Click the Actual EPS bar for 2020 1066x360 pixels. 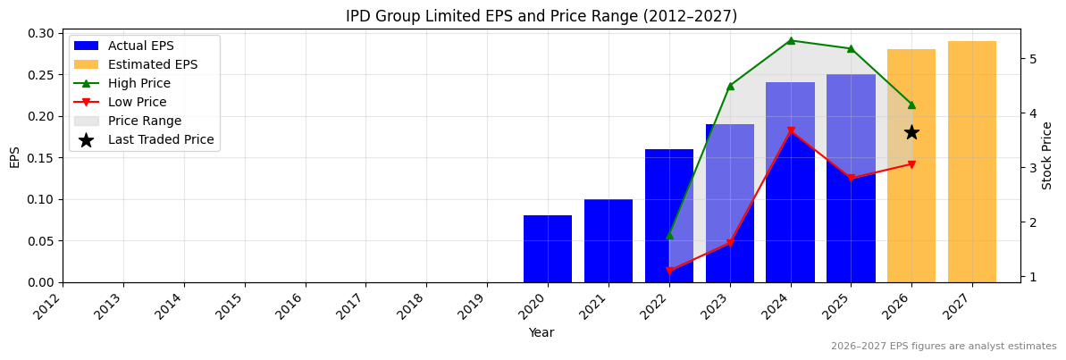click(548, 249)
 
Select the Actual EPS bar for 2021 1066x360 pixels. click(609, 241)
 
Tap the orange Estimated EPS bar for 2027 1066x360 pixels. click(972, 162)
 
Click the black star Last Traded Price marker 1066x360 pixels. click(911, 132)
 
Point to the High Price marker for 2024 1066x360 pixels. click(791, 40)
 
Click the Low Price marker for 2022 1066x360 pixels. click(669, 271)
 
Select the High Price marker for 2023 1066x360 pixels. click(730, 86)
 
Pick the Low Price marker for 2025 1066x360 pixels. click(851, 178)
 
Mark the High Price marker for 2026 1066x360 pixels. click(911, 105)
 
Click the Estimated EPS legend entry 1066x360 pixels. click(152, 65)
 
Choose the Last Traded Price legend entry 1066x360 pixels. click(161, 140)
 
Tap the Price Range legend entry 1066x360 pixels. click(144, 121)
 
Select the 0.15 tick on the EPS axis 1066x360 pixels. click(40, 158)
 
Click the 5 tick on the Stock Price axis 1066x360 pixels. click(1032, 59)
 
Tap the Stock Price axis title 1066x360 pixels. click(1047, 155)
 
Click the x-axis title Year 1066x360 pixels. click(541, 333)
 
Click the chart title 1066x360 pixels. click(541, 16)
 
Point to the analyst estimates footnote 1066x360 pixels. click(944, 347)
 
